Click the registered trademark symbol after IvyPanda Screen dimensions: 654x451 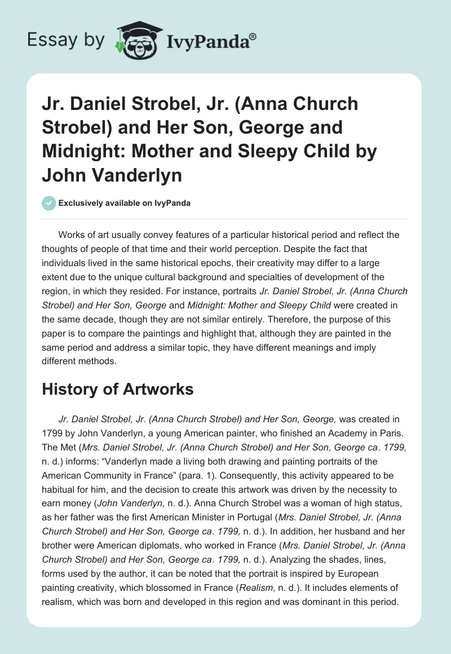(x=253, y=36)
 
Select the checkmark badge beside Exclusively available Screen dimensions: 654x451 (x=48, y=203)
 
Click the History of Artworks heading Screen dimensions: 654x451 (x=118, y=388)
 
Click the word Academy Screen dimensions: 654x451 (x=329, y=434)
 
